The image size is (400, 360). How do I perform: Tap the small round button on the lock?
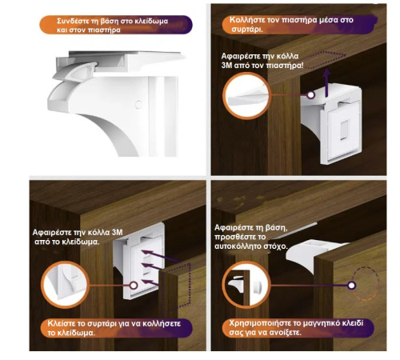coord(138,105)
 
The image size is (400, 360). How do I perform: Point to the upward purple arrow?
coord(326,82)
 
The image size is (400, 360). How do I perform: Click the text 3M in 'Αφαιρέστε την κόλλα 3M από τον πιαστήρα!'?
coord(226,65)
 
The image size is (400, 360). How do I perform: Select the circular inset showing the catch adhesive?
coord(246,96)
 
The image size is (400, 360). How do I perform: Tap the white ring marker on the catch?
coord(310,94)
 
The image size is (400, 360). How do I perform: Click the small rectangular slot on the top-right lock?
coord(344,130)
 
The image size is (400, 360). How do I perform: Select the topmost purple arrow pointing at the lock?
coord(161,257)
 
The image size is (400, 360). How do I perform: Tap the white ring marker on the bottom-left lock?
coord(134,286)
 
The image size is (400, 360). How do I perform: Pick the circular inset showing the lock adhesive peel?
coord(66,285)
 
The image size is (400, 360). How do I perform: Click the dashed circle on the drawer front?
coord(366,284)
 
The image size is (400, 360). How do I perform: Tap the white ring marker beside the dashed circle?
coord(352,286)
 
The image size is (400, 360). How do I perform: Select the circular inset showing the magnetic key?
coord(246,285)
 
